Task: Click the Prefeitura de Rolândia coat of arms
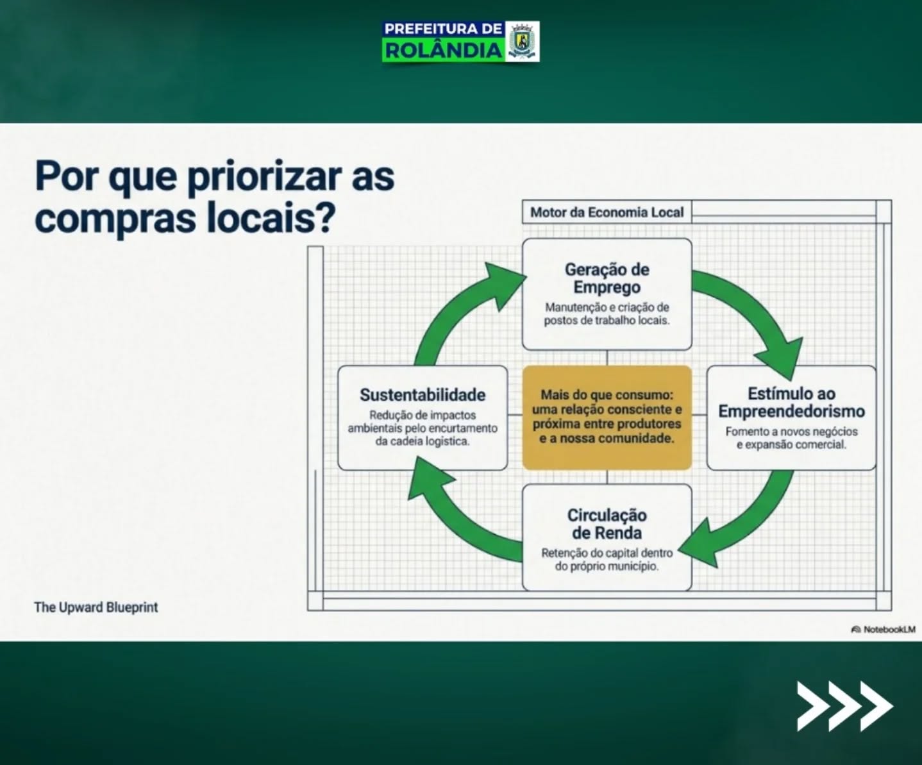coord(522,42)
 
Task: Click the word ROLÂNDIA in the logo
coord(444,51)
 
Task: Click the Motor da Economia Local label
coord(607,212)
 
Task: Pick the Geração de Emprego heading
coord(607,278)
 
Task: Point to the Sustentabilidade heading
coord(423,395)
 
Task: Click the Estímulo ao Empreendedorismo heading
coord(791,402)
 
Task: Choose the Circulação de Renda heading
coord(607,525)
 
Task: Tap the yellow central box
coord(607,417)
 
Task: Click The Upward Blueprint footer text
coord(96,607)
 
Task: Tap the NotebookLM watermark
coord(883,629)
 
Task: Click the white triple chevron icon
coord(845,706)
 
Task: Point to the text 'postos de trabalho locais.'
coord(607,320)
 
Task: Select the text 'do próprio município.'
coord(607,566)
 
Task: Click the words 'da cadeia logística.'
coord(423,441)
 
